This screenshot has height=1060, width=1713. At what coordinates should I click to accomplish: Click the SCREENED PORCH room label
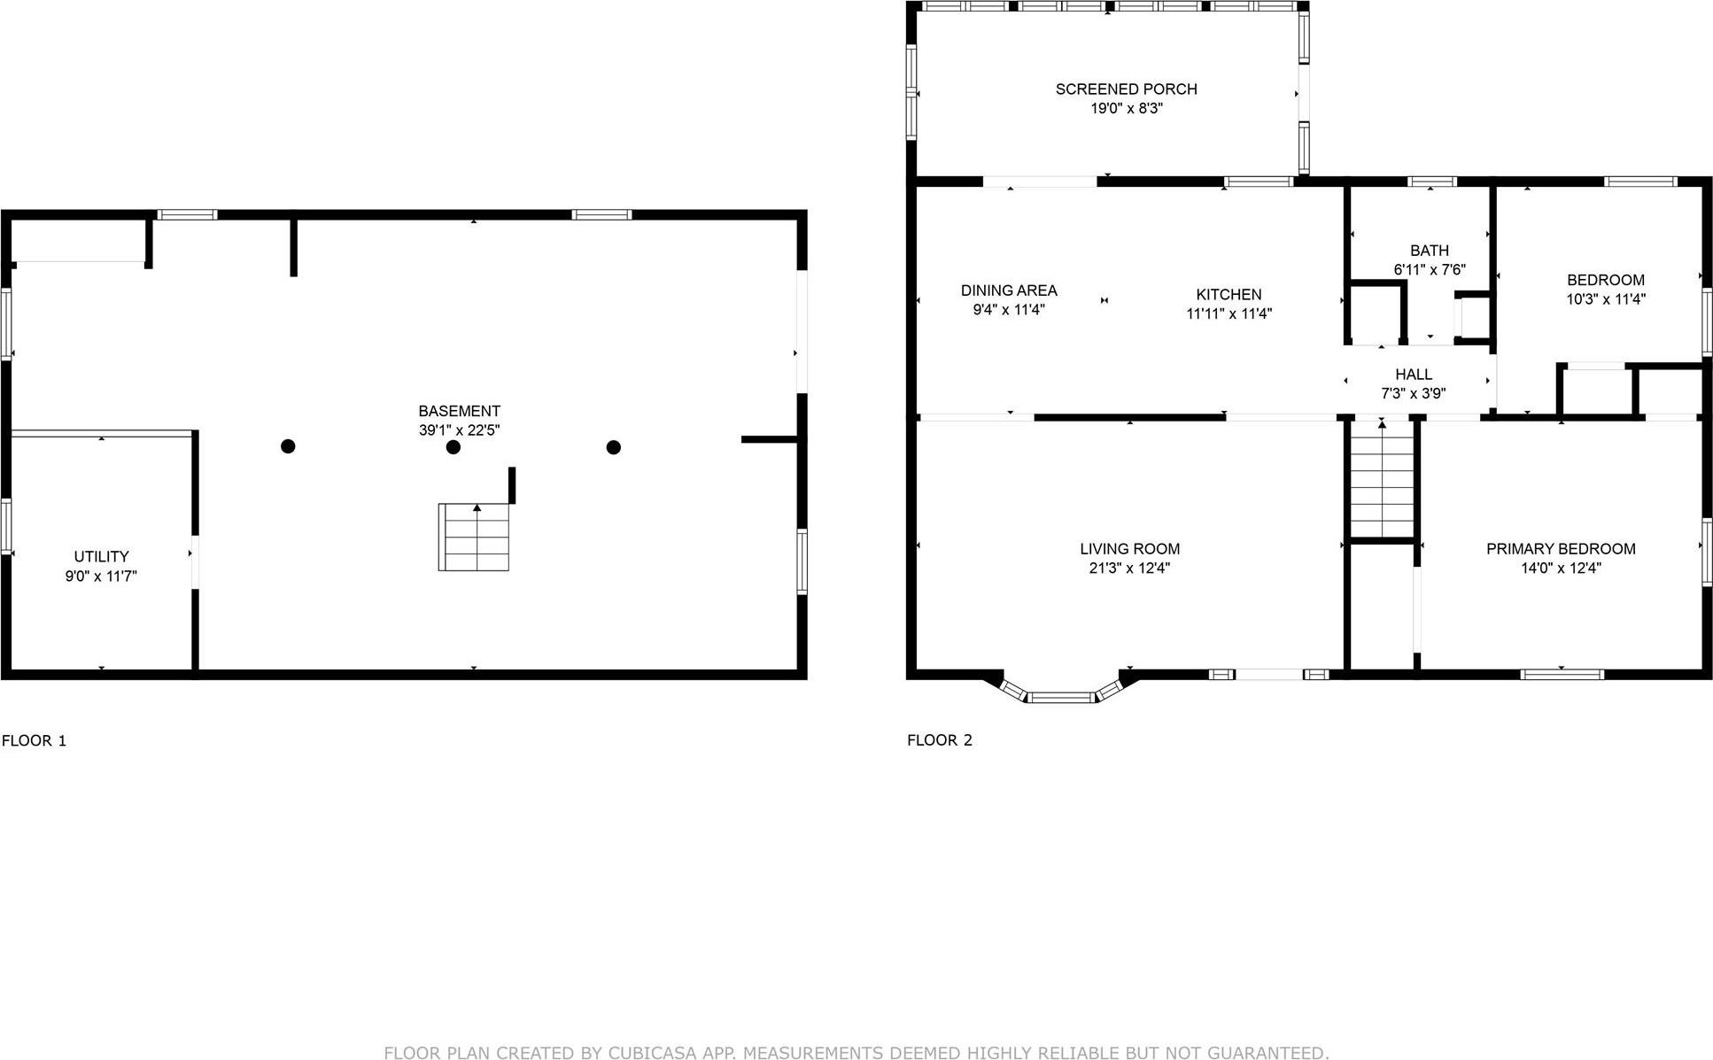1126,89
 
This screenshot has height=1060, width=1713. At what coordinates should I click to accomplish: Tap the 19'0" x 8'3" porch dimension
1126,109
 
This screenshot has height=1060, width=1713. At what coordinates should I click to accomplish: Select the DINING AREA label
1009,290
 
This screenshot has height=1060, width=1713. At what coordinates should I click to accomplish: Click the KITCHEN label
1229,295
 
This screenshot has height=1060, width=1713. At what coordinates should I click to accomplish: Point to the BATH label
1430,251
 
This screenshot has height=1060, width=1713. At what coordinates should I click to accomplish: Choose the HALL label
1414,375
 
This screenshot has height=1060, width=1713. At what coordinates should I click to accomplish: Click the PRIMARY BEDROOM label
1561,549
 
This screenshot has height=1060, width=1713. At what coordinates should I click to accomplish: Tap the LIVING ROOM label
1129,549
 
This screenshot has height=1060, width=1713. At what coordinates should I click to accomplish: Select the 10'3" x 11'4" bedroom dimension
1606,299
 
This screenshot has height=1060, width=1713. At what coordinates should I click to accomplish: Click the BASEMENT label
459,411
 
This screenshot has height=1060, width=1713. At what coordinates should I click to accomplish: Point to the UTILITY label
101,557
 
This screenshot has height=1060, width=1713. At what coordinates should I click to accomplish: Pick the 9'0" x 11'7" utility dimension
101,576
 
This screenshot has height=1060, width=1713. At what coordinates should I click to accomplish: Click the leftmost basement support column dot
288,446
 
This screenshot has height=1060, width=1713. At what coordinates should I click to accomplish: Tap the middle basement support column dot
453,447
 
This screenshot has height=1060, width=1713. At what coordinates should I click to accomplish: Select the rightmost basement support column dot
614,447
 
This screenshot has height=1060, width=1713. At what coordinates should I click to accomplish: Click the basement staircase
475,538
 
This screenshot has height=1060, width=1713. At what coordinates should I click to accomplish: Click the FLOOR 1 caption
35,741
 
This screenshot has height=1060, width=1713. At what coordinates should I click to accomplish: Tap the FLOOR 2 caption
940,740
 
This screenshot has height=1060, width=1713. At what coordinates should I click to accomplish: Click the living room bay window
1060,696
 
